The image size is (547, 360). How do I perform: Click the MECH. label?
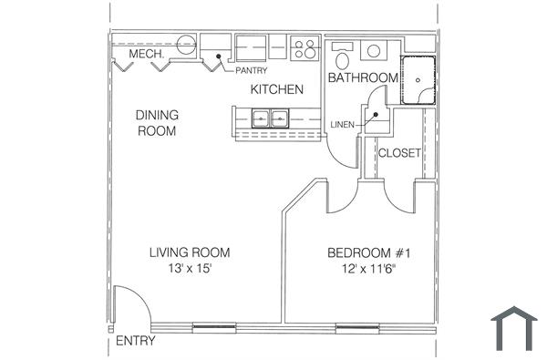pyautogui.click(x=146, y=55)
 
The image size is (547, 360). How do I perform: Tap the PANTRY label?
pyautogui.click(x=250, y=70)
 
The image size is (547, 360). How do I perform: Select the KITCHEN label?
pyautogui.click(x=277, y=89)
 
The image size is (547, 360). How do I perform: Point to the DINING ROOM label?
pyautogui.click(x=157, y=123)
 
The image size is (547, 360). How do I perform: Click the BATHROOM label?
pyautogui.click(x=363, y=78)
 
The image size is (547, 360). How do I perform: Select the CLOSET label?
pyautogui.click(x=399, y=153)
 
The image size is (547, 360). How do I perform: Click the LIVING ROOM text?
pyautogui.click(x=190, y=252)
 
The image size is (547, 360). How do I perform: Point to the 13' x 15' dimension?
pyautogui.click(x=190, y=269)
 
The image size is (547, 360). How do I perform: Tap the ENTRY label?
pyautogui.click(x=135, y=342)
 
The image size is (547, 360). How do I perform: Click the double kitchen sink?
pyautogui.click(x=270, y=118)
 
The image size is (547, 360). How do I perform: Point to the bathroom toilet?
pyautogui.click(x=343, y=58)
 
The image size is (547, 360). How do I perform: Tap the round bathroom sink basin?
pyautogui.click(x=374, y=49)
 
